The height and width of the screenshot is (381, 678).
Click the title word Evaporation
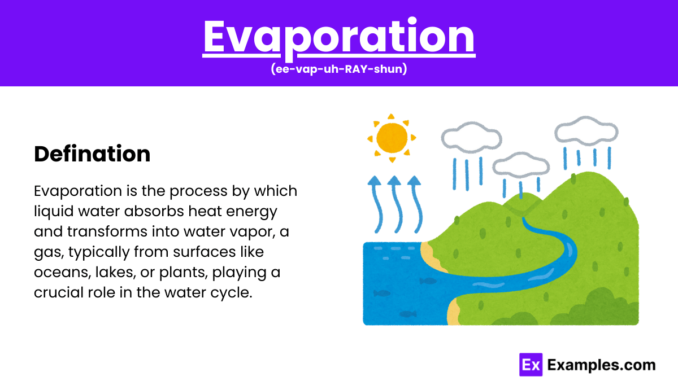[339, 38]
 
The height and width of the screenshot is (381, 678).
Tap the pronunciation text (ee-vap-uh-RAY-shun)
[339, 69]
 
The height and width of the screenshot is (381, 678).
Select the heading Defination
[92, 154]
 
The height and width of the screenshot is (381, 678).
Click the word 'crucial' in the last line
[59, 292]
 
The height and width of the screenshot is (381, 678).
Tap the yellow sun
[392, 138]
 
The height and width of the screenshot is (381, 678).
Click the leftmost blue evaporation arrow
[377, 205]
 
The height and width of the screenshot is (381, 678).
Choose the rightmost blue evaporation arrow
[417, 205]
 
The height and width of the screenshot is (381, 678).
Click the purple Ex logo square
[531, 365]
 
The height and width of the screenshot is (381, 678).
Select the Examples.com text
[601, 365]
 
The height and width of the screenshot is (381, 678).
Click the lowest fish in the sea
[408, 314]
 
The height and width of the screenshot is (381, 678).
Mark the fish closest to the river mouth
[428, 281]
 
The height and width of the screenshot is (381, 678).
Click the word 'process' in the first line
[198, 191]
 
